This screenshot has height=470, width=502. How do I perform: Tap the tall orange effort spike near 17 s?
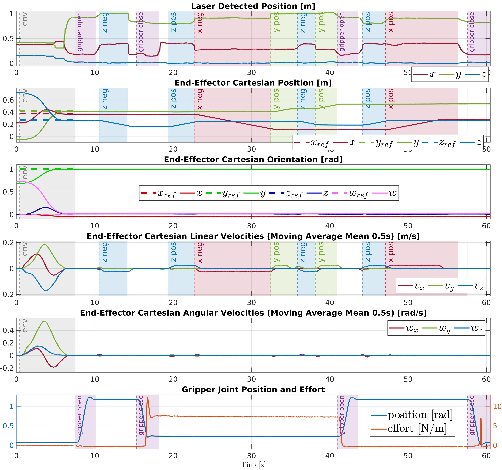(x=147, y=398)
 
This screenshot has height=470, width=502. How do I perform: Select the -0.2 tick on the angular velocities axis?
(x=7, y=368)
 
